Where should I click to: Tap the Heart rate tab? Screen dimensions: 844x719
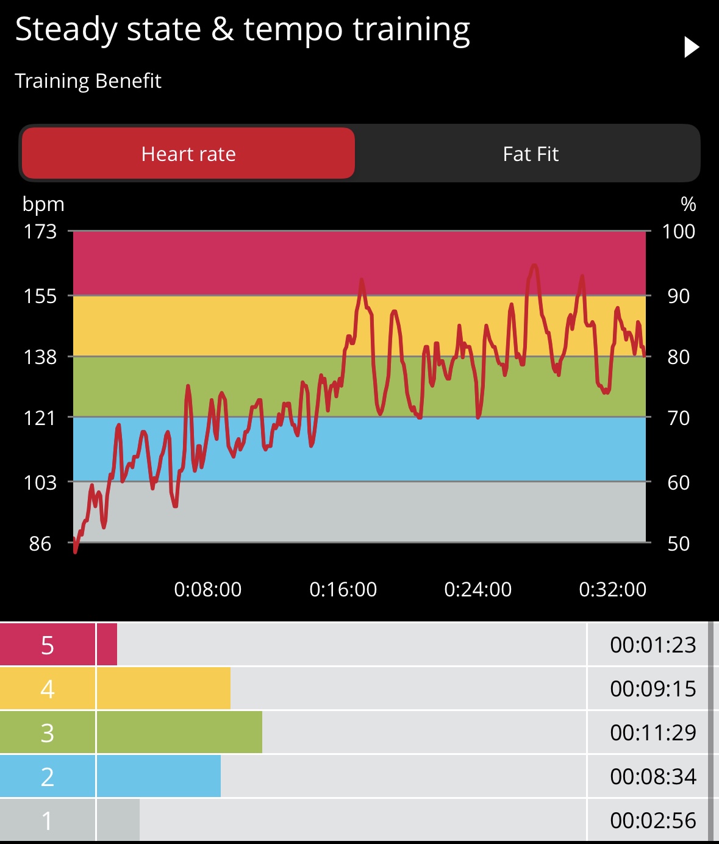tap(188, 154)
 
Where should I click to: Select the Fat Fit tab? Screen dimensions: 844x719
tap(531, 154)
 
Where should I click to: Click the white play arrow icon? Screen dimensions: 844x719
tap(691, 47)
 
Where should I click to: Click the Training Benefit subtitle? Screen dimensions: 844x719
tap(88, 80)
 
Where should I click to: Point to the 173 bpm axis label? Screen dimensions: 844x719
tap(40, 231)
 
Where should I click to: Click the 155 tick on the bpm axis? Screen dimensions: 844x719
tap(40, 296)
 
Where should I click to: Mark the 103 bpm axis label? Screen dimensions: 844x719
tap(40, 482)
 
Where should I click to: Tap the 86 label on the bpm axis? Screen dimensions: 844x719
tap(40, 543)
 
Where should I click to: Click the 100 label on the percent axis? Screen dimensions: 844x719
tap(678, 231)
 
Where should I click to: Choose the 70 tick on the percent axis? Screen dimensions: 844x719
tap(678, 418)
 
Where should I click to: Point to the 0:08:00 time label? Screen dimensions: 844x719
tap(207, 589)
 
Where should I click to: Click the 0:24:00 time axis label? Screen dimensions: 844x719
tap(478, 589)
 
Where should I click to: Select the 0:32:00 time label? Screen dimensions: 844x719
tap(612, 589)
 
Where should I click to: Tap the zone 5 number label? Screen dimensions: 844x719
tap(48, 645)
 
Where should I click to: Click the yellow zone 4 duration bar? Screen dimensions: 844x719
tap(163, 688)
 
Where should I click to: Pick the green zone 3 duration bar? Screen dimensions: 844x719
tap(179, 732)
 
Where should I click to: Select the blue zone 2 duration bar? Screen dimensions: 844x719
tap(159, 776)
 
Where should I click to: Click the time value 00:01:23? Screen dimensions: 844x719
tap(653, 645)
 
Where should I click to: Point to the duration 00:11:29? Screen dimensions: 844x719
tap(653, 732)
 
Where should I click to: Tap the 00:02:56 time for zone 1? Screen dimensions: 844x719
tap(653, 820)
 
